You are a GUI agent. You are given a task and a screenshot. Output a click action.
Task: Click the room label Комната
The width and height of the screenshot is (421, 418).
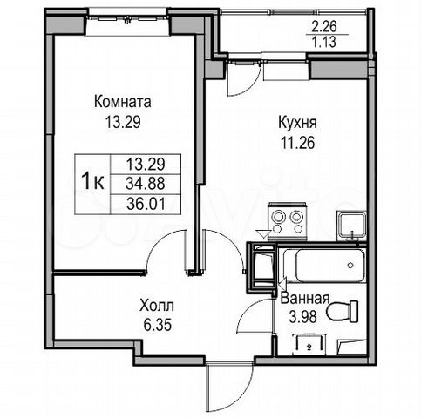coord(123,102)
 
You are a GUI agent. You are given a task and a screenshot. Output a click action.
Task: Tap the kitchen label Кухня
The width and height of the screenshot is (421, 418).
coord(297,123)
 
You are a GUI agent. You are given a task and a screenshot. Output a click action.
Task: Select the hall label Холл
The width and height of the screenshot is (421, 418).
coord(157,306)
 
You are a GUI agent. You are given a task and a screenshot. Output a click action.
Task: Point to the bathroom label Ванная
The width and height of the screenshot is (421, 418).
coord(305,298)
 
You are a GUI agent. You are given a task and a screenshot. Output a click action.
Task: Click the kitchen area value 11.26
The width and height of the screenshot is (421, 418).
coord(297,143)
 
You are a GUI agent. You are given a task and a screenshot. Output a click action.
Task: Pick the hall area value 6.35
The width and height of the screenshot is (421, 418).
coord(158,325)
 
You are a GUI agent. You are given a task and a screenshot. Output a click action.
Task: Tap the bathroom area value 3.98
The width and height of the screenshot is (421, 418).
coord(302,316)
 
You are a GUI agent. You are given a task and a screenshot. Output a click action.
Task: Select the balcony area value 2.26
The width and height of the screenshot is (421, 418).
coord(324,27)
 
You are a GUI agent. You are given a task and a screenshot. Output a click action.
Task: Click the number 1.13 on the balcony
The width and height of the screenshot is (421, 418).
coord(324,42)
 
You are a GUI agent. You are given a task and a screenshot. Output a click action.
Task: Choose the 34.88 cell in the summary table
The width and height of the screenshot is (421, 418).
coord(146,184)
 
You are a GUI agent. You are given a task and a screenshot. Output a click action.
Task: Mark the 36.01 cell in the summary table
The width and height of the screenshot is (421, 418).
coord(146,204)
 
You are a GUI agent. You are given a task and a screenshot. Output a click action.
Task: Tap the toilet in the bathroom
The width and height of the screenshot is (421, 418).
coord(343,311)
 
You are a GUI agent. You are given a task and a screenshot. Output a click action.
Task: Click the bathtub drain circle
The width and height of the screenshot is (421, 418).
coord(350,265)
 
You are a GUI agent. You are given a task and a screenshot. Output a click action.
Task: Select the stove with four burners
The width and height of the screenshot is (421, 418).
coord(288,221)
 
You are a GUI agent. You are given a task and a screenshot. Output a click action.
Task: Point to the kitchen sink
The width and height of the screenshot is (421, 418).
coord(351,226)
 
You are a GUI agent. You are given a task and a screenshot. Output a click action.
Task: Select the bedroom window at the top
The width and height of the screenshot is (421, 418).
coord(127,19)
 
